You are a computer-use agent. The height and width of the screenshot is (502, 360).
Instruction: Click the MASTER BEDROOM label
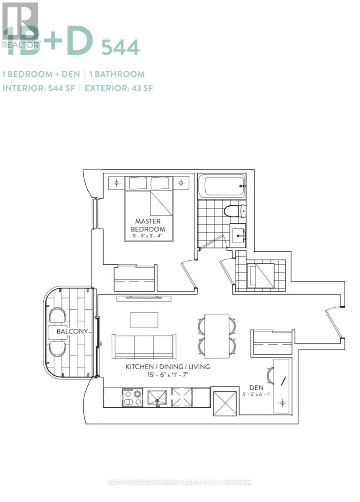click(148, 225)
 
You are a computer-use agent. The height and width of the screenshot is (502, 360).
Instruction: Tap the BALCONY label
click(72, 331)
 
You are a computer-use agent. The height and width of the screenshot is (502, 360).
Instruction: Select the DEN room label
click(257, 387)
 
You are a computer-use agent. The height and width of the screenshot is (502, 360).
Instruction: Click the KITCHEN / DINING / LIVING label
click(168, 367)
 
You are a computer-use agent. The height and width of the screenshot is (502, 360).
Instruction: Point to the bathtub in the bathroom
click(221, 186)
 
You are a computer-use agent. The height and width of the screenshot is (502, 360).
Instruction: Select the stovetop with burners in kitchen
click(132, 398)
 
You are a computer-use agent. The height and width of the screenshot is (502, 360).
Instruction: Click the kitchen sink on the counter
click(156, 398)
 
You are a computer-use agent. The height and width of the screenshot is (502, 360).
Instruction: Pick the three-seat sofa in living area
click(144, 346)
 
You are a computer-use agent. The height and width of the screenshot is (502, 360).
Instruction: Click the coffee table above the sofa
click(144, 320)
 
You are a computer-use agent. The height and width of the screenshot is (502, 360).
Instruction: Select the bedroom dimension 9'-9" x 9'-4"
click(148, 236)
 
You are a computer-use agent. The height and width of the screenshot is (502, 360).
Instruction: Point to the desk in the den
click(281, 385)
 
